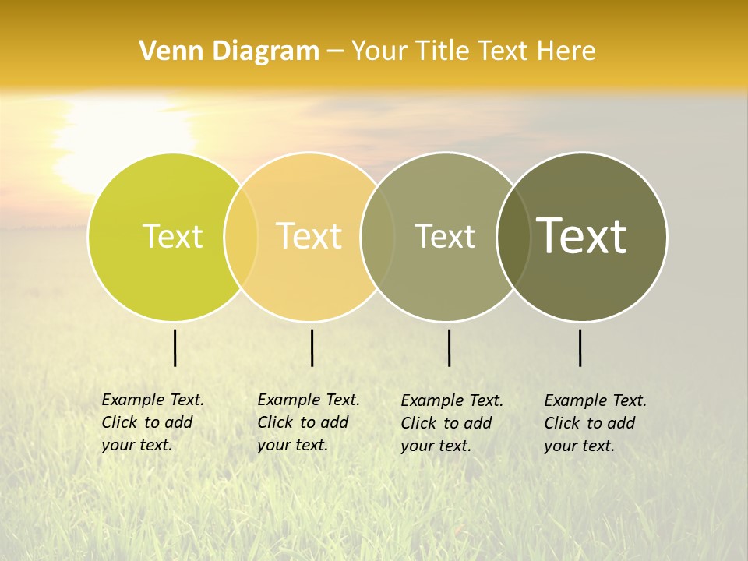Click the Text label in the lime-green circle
coord(172,236)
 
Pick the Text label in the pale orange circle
coord(309,236)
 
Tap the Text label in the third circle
coord(445,236)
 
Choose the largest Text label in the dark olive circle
coord(582,235)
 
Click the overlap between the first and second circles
coord(241,236)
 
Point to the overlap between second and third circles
coord(378,236)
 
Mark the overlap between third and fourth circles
coord(513,236)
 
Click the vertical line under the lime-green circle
coord(175,348)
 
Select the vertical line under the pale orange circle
coord(312,348)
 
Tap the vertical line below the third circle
coord(449,348)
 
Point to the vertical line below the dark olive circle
coord(580,348)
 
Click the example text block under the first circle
coord(153,422)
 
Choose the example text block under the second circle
coord(309,422)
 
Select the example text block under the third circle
coord(452,423)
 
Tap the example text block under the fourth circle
coord(595,423)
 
